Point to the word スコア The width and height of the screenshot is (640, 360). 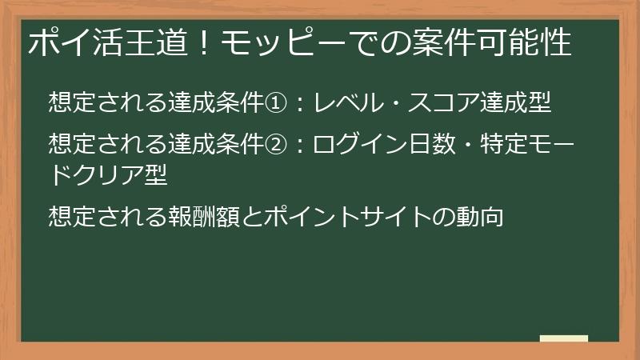pos(454,102)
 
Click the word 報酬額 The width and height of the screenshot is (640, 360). pos(197,216)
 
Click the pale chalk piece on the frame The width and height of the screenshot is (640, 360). pos(563,339)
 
